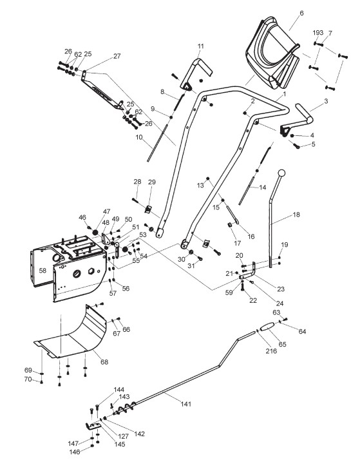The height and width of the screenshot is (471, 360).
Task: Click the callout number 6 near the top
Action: click(301, 13)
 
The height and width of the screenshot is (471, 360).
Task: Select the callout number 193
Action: click(317, 32)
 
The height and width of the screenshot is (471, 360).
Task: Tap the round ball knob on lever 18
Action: click(281, 173)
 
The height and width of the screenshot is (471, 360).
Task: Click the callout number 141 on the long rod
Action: click(186, 404)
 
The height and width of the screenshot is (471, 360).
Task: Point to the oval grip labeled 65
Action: click(267, 327)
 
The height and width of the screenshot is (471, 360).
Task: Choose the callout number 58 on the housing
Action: click(43, 271)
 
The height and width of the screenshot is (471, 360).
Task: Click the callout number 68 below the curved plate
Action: click(104, 362)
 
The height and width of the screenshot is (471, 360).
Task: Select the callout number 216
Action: click(271, 351)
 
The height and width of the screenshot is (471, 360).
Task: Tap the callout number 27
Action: click(117, 56)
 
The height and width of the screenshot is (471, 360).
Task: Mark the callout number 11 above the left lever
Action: click(201, 46)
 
